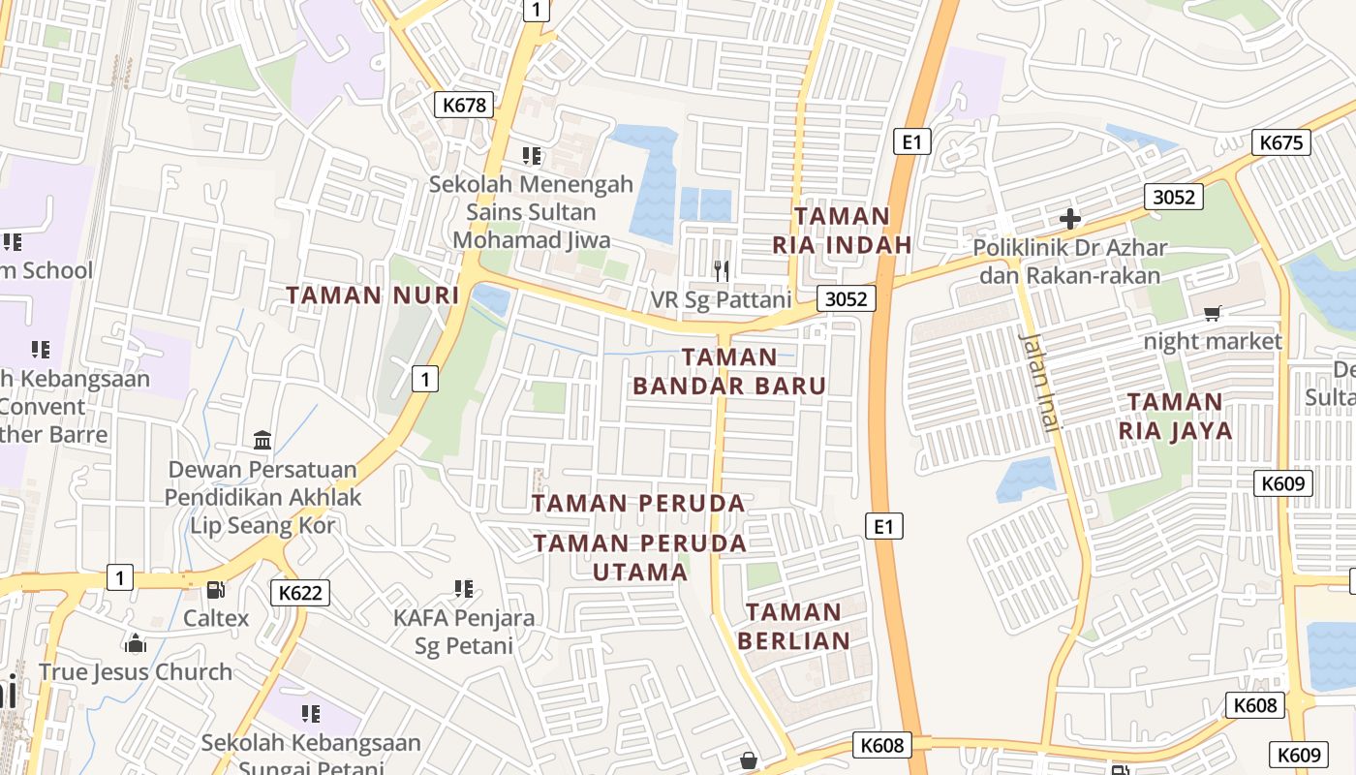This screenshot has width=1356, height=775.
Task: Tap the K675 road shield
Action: (1282, 142)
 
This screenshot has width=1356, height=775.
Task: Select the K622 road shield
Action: (299, 593)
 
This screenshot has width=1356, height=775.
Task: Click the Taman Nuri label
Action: (373, 294)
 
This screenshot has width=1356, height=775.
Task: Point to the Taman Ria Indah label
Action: (842, 231)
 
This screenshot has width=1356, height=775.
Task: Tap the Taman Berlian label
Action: (794, 626)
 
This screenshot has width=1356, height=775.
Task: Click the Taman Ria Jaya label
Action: (1176, 416)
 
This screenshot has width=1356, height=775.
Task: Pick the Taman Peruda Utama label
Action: (640, 557)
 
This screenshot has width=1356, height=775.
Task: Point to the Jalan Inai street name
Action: (1041, 380)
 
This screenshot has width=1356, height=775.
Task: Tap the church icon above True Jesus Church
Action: (136, 643)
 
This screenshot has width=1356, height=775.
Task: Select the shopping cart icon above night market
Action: (1212, 313)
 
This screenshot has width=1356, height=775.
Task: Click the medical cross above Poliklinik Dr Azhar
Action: (1069, 219)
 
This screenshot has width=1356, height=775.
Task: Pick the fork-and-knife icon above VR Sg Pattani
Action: (721, 270)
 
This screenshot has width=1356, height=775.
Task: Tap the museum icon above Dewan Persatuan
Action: (262, 441)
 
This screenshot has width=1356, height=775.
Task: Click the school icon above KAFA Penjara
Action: (464, 588)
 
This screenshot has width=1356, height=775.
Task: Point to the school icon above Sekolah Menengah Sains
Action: (531, 155)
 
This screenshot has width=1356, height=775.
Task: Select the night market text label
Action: (1213, 341)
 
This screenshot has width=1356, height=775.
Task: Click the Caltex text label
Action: (216, 618)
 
